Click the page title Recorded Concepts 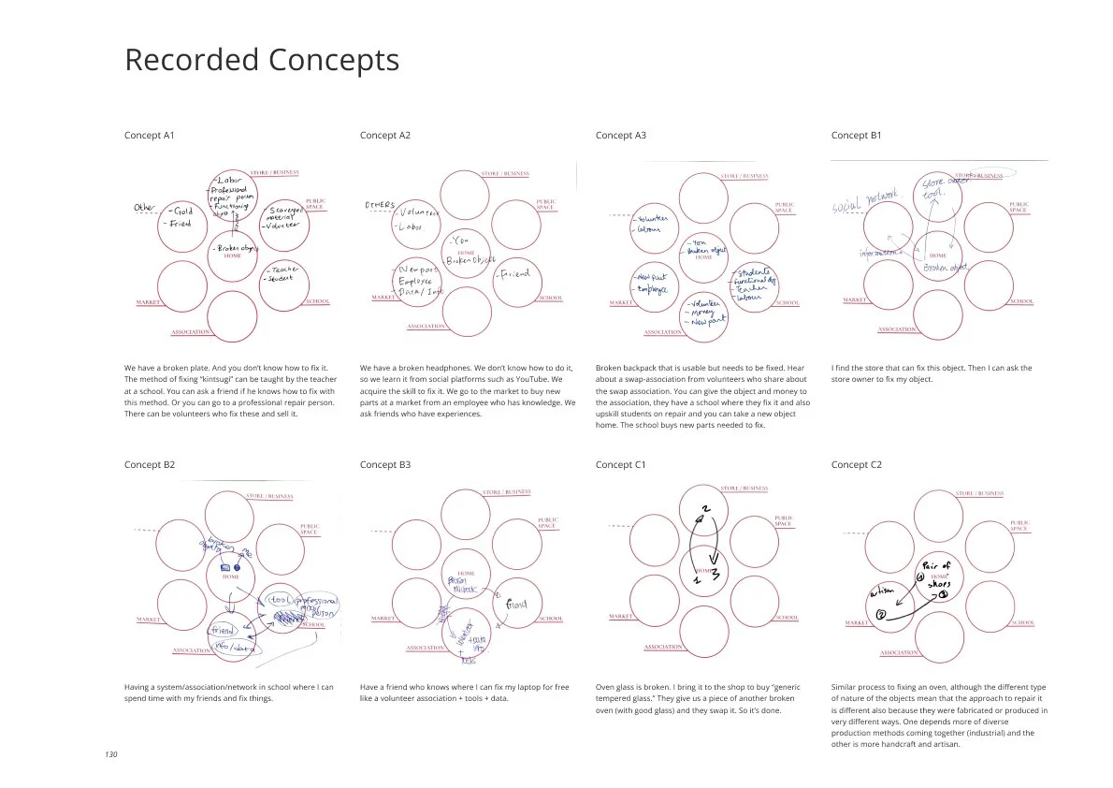[x=262, y=60]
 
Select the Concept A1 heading [x=150, y=136]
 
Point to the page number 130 [x=111, y=754]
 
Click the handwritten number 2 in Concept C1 [x=706, y=511]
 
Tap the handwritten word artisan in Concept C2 [x=882, y=591]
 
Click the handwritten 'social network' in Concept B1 [x=865, y=198]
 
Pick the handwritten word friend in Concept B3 [x=516, y=605]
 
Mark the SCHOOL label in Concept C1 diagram [x=787, y=618]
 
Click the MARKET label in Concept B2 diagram [x=149, y=620]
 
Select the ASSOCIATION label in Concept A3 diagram [x=663, y=332]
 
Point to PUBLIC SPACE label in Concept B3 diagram [x=548, y=523]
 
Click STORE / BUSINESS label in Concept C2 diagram [x=978, y=493]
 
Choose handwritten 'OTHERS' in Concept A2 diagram [x=380, y=205]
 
